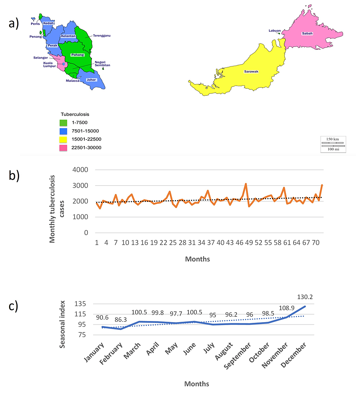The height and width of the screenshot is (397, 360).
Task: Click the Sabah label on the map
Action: point(307,33)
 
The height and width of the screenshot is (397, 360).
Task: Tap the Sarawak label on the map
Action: point(251,72)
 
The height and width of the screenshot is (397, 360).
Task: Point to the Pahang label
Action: point(78,55)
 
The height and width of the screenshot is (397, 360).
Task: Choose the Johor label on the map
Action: point(91,79)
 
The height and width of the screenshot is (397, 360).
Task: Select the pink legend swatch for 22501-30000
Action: point(66,147)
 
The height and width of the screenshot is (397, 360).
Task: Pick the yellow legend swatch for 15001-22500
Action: point(66,139)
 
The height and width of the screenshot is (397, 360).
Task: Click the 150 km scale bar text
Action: point(332,139)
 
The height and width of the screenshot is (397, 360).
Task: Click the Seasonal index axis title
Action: point(63,321)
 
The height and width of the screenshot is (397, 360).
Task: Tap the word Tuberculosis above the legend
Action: point(75,114)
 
